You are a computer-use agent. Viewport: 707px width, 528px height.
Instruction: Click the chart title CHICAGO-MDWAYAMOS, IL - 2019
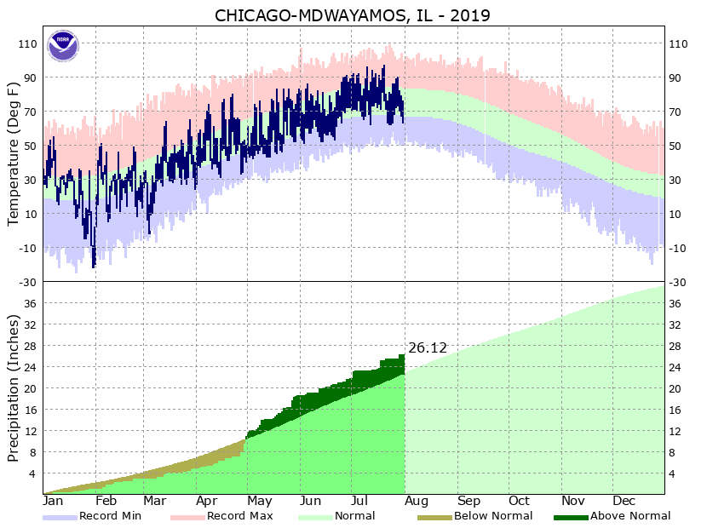(353, 16)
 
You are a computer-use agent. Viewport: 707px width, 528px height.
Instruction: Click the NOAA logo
(62, 45)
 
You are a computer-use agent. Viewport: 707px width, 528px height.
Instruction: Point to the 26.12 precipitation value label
(428, 347)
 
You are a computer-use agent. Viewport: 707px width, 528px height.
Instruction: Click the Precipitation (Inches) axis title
(13, 387)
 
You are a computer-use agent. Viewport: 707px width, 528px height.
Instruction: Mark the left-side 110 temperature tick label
(28, 44)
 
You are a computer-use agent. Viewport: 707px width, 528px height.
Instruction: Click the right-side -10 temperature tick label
(679, 248)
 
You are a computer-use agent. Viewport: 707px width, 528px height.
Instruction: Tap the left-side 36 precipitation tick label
(31, 303)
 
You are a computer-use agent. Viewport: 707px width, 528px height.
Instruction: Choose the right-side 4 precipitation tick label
(674, 473)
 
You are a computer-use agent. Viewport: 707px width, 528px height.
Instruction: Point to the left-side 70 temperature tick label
(31, 112)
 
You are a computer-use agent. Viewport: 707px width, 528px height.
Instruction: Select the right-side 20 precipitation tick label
(676, 388)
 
